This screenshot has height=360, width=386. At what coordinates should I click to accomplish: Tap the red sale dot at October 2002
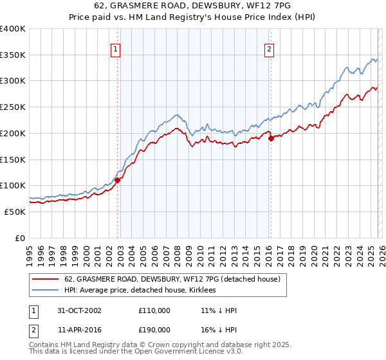click(x=118, y=181)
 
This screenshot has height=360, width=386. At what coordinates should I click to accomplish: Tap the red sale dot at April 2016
click(x=271, y=138)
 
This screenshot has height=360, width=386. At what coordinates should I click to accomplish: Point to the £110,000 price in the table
click(x=154, y=310)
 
